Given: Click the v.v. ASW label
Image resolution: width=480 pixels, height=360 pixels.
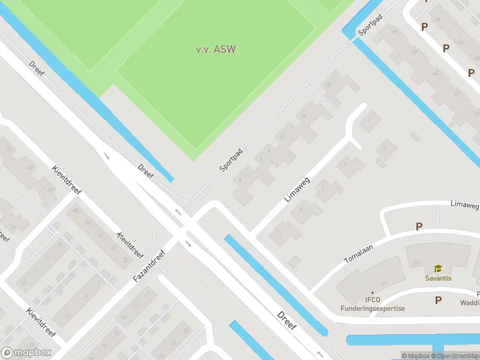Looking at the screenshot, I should click(x=215, y=49).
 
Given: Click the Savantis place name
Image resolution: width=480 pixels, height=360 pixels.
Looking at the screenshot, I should click(x=438, y=278).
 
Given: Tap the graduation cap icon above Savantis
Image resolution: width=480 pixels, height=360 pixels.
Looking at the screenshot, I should click(x=438, y=268).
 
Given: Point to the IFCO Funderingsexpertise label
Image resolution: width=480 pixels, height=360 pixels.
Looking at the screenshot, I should click(x=373, y=304).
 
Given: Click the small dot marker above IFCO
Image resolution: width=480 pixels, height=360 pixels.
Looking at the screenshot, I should click(x=372, y=293).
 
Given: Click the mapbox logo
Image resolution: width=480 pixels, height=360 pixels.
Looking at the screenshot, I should click(x=26, y=353).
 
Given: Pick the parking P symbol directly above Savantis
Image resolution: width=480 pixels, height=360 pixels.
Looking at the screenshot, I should click(x=419, y=226).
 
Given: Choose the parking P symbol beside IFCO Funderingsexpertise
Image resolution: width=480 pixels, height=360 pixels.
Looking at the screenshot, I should click(x=438, y=300).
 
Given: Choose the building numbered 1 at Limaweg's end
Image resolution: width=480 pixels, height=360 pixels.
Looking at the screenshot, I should click(x=369, y=120).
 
